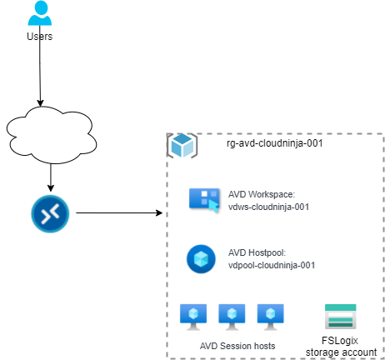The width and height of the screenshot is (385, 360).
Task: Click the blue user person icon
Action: click(40, 12)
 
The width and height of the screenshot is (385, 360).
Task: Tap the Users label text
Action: click(40, 37)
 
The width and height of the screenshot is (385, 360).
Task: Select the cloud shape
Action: click(52, 135)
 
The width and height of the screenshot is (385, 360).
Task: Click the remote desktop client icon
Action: click(50, 213)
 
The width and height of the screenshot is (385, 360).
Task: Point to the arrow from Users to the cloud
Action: click(40, 66)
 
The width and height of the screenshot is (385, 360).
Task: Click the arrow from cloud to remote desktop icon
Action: click(51, 177)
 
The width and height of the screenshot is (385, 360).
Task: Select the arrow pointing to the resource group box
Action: click(119, 213)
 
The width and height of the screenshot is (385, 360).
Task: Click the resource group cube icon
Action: click(182, 146)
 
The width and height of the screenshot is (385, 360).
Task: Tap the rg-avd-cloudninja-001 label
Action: click(275, 143)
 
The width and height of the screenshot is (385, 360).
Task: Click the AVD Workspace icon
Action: click(204, 200)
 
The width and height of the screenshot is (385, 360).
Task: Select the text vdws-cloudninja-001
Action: click(268, 207)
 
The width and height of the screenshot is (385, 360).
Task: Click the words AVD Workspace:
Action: click(262, 194)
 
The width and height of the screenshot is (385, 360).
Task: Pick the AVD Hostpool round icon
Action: click(201, 259)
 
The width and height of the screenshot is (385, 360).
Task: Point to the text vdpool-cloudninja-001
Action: click(272, 265)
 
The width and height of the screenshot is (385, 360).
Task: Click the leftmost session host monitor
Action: click(193, 317)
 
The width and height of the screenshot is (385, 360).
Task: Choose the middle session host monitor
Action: click(232, 317)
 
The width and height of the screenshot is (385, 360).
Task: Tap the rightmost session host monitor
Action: click(271, 317)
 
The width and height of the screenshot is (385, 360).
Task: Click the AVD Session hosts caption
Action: click(237, 346)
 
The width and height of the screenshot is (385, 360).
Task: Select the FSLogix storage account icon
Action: click(341, 317)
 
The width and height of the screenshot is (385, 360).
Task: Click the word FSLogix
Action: click(340, 341)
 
